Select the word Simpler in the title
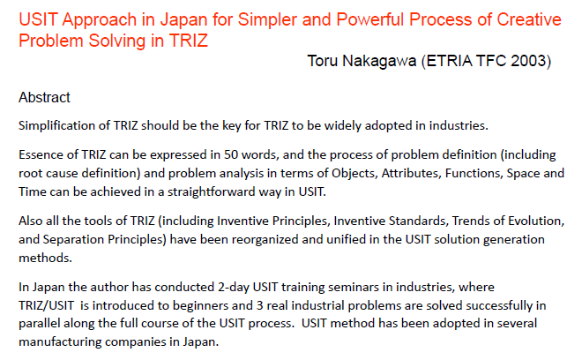click(267, 19)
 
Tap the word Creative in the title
click(529, 19)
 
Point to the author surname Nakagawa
click(379, 61)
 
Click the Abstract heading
click(44, 97)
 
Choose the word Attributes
click(410, 174)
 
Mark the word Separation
click(73, 240)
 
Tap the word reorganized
click(265, 240)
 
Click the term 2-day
click(233, 287)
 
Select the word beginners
click(200, 306)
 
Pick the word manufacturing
click(60, 342)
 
